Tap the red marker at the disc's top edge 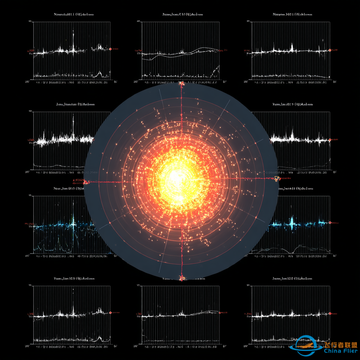point(182,83)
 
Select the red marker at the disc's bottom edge point(182,278)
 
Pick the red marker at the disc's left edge point(85,182)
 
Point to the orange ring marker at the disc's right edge point(276,179)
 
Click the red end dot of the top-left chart point(110,49)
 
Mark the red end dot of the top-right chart point(330,50)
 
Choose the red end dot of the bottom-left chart point(110,312)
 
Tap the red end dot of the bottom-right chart point(330,313)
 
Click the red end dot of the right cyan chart point(330,222)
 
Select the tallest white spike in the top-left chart point(73,35)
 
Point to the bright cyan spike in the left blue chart point(73,221)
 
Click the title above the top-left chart point(74,14)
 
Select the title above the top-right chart point(292,14)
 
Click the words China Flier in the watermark point(340,351)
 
